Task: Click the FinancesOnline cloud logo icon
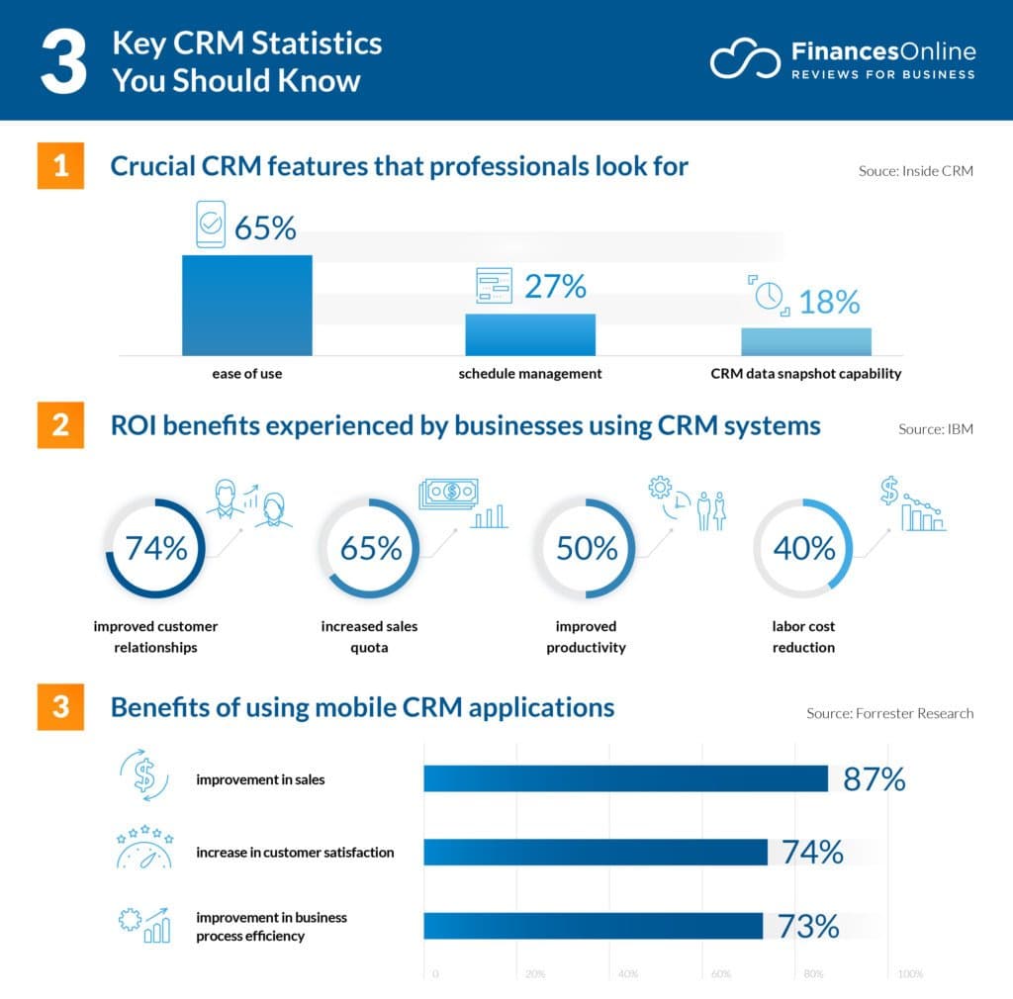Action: click(743, 59)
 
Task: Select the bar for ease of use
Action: click(246, 306)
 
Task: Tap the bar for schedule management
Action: click(530, 334)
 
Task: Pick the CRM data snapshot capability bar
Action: click(806, 341)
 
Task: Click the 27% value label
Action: click(555, 286)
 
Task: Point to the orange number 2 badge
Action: click(61, 426)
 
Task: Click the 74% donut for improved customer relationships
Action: click(154, 548)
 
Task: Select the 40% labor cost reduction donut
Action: click(802, 548)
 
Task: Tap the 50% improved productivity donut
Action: click(586, 548)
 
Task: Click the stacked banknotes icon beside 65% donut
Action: click(447, 494)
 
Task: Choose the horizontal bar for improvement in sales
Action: click(625, 778)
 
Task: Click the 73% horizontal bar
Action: click(594, 926)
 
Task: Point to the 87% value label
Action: click(875, 779)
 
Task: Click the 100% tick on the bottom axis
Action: click(909, 974)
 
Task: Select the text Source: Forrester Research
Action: click(889, 713)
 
